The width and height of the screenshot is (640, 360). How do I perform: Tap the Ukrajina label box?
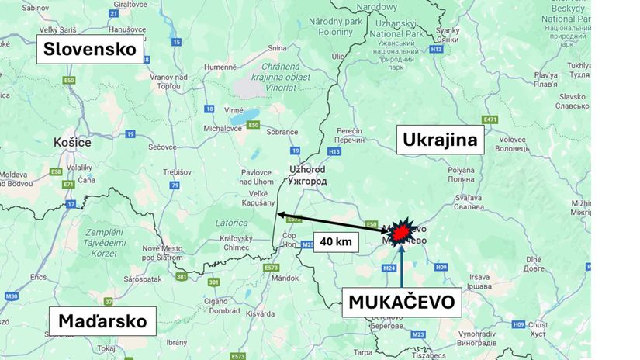point(441,140)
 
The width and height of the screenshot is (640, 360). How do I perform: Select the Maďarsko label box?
point(102,320)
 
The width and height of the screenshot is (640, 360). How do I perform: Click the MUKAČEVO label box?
point(402,301)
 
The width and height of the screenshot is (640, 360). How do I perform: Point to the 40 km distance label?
point(336,242)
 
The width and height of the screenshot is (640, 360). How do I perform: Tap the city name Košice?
point(73,142)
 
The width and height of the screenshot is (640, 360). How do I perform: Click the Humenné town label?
point(220,67)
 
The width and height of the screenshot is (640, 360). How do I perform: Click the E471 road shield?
point(489,119)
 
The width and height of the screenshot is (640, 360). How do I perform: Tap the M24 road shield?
point(389,268)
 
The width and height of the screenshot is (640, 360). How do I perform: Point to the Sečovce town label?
point(163,146)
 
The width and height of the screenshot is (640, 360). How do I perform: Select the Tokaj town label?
point(106,348)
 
